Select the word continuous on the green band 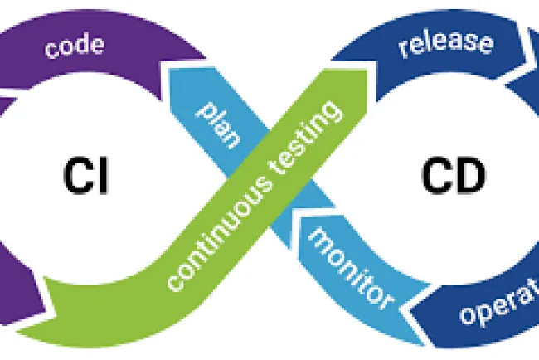tap(211, 240)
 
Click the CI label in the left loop tap(85, 177)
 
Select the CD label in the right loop tap(449, 177)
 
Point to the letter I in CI tap(102, 177)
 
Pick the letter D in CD tap(466, 177)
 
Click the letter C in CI tap(76, 177)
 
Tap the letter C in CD tap(430, 177)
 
